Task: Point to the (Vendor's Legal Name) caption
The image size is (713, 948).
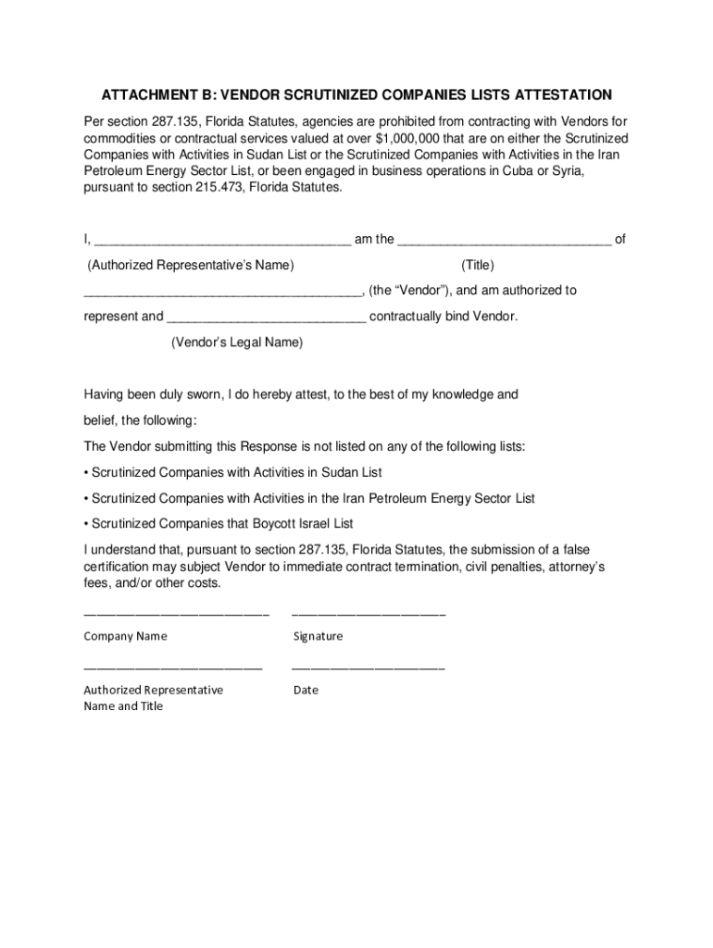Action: [237, 343]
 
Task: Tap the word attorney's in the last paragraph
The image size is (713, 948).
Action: [575, 567]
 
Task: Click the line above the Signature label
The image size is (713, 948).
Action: [369, 615]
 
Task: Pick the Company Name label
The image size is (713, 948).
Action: [126, 636]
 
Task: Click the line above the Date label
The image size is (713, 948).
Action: [369, 667]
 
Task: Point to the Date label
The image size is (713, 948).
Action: [306, 690]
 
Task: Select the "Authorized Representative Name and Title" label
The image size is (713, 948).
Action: [153, 698]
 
